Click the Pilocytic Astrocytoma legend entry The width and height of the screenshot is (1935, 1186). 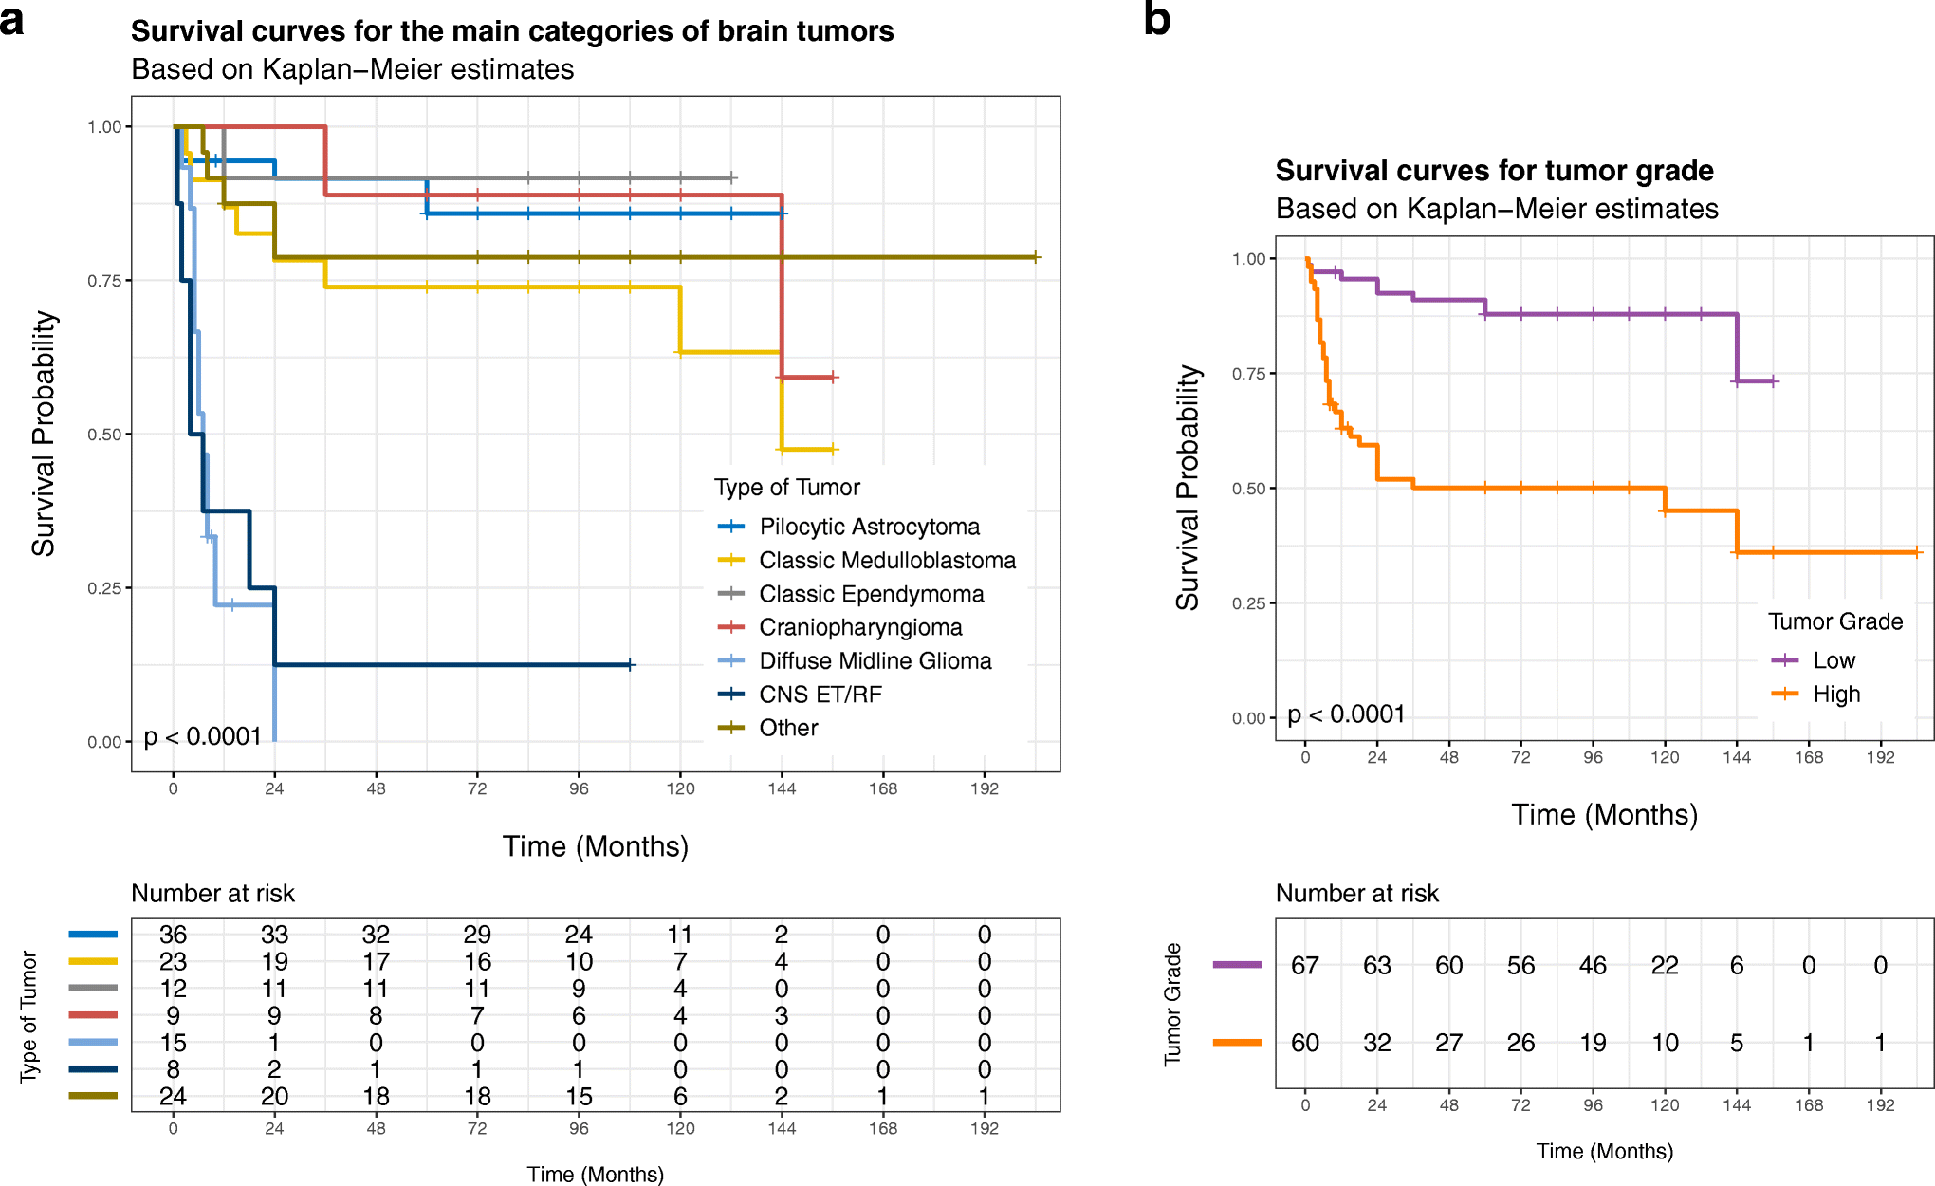(869, 527)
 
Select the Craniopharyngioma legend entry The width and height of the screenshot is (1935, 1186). (859, 627)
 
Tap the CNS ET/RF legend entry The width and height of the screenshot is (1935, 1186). (820, 695)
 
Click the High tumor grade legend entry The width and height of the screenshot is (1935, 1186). (1835, 695)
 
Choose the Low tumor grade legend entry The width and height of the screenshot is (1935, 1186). (1834, 660)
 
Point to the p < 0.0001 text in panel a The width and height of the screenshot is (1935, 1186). (202, 737)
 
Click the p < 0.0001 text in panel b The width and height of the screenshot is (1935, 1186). (1346, 714)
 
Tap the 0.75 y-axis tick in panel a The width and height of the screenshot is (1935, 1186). (103, 281)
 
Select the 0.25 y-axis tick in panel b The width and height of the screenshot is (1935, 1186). (1248, 603)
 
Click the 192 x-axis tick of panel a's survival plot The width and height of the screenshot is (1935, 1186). (984, 788)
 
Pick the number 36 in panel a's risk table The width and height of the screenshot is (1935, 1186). (173, 935)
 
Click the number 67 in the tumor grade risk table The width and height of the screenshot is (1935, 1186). (1305, 966)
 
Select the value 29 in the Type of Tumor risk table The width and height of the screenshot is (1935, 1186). (477, 935)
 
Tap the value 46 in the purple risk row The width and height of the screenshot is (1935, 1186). (1593, 966)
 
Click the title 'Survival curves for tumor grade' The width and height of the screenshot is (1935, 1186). (1494, 171)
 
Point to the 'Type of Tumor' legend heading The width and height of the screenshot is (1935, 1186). (786, 488)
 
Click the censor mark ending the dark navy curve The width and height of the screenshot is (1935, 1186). (631, 665)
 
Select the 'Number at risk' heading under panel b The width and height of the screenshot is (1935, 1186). (1356, 894)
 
